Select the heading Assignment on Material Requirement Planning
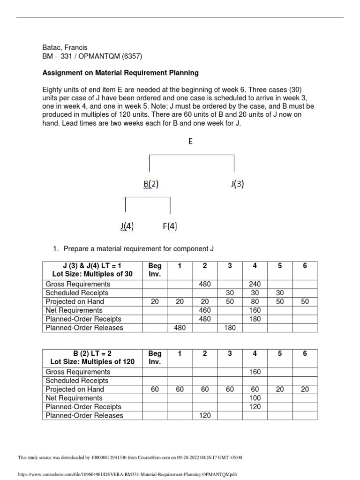(x=120, y=73)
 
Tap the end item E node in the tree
(x=191, y=141)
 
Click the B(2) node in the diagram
(x=151, y=185)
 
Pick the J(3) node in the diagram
(x=237, y=185)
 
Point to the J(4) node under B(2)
(x=127, y=226)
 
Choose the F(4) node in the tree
(x=170, y=226)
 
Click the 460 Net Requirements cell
(x=205, y=310)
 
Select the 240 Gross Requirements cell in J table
(x=255, y=284)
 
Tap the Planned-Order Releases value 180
(x=230, y=328)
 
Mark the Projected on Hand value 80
(x=255, y=301)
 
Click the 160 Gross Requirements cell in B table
(x=255, y=372)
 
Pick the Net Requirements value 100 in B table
(x=255, y=398)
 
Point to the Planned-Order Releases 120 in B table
(x=205, y=415)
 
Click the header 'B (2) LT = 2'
(x=92, y=353)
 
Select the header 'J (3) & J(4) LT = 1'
(x=92, y=266)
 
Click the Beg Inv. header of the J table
(x=155, y=270)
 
